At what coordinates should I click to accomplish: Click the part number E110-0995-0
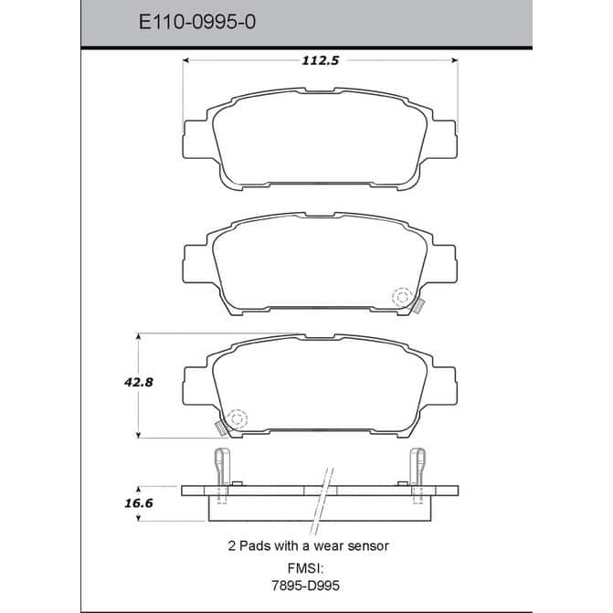197,22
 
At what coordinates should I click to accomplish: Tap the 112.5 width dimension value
320,60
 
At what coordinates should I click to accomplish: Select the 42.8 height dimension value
139,382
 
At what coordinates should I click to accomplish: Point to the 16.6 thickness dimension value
139,502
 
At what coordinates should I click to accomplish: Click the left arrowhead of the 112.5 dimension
186,60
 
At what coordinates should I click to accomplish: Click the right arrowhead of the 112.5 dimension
454,60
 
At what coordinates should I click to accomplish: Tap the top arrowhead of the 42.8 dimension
138,336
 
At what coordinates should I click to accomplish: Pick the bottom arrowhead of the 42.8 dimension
138,435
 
